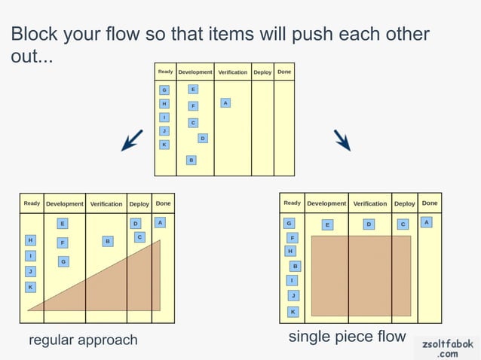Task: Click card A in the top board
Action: tap(225, 102)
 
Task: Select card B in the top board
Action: tap(191, 160)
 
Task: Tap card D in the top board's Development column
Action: tap(202, 138)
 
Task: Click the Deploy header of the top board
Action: tap(262, 72)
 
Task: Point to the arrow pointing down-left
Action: tap(132, 140)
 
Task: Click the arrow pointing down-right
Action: tap(342, 139)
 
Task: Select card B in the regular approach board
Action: tap(108, 241)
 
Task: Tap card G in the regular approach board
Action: tap(64, 261)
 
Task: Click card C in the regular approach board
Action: tap(139, 236)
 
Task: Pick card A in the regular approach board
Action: tap(160, 222)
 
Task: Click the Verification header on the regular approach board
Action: tap(106, 204)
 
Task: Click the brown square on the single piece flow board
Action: tap(361, 275)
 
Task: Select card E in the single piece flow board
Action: tap(327, 224)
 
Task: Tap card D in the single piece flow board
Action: tap(369, 224)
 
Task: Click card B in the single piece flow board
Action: tap(296, 266)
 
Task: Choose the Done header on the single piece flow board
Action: tap(430, 203)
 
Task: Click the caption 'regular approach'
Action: tap(83, 340)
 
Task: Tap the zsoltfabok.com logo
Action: tap(447, 347)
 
